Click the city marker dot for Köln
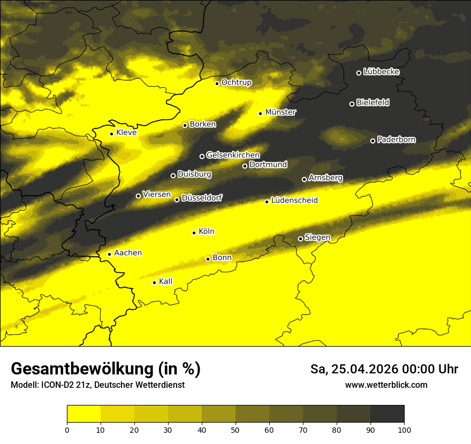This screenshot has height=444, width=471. coord(194,233)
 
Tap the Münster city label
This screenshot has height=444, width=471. coord(280,112)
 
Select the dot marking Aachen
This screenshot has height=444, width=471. coord(109,254)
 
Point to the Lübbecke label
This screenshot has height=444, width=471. coord(381,72)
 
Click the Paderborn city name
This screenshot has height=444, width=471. coord(396,140)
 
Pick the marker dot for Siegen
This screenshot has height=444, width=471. coord(300,239)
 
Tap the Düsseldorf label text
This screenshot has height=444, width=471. coord(201,198)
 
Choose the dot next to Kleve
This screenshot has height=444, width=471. coord(111,134)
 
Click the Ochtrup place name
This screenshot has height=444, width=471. coord(237,82)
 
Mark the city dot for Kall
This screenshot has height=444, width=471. coord(154,282)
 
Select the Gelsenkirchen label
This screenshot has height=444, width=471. coord(233,155)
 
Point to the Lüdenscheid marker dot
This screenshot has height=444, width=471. coord(267,202)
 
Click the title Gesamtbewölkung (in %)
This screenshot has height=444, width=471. coord(105,369)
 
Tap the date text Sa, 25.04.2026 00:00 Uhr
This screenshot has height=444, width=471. coord(384,369)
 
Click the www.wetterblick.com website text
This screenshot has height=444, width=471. coord(386,385)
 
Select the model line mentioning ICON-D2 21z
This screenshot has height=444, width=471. coord(97,385)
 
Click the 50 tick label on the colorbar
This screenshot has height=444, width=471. coord(236,429)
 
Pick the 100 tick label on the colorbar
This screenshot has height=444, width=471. coord(404,429)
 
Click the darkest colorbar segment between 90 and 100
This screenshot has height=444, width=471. coord(387,414)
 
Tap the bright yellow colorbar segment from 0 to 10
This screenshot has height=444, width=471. coord(83,414)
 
